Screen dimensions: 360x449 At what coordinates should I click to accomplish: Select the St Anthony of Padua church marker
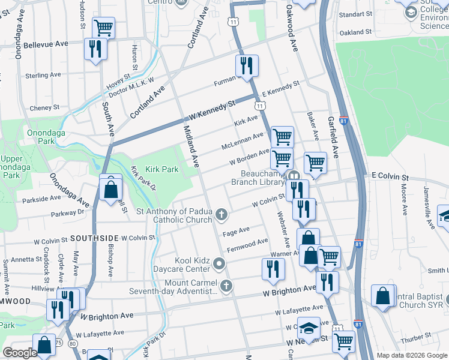(221, 215)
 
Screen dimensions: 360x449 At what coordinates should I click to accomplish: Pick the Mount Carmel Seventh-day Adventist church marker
(226, 286)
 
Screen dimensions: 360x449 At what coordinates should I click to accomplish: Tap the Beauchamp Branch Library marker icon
(294, 176)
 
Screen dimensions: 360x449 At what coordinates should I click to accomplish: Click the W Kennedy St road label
(210, 111)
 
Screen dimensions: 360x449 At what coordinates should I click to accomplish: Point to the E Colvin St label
(390, 178)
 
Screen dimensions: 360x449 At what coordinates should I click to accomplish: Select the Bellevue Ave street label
(46, 44)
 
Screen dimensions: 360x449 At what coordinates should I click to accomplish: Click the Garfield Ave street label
(333, 137)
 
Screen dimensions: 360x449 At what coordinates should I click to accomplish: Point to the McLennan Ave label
(243, 142)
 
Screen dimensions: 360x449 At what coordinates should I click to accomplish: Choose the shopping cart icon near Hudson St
(103, 27)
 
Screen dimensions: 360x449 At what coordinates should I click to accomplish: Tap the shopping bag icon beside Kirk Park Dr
(111, 190)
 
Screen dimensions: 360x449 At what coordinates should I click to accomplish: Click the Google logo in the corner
(20, 353)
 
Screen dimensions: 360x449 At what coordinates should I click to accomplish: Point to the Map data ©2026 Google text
(411, 355)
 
